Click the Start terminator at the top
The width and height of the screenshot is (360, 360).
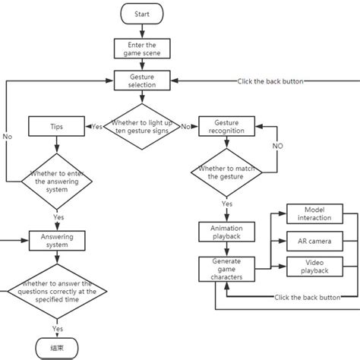(141, 14)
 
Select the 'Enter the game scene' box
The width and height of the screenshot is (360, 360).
(141, 49)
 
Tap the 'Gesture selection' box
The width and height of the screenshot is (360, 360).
(141, 81)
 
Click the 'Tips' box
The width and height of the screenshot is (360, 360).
(58, 126)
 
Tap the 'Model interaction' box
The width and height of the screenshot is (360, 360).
(314, 213)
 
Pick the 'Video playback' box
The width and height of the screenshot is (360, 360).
(314, 266)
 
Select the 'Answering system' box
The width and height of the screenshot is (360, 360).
(58, 240)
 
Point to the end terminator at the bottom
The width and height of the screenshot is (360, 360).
(58, 349)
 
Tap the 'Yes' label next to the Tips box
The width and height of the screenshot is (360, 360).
(97, 126)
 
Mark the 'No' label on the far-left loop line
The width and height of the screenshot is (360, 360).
(7, 137)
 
